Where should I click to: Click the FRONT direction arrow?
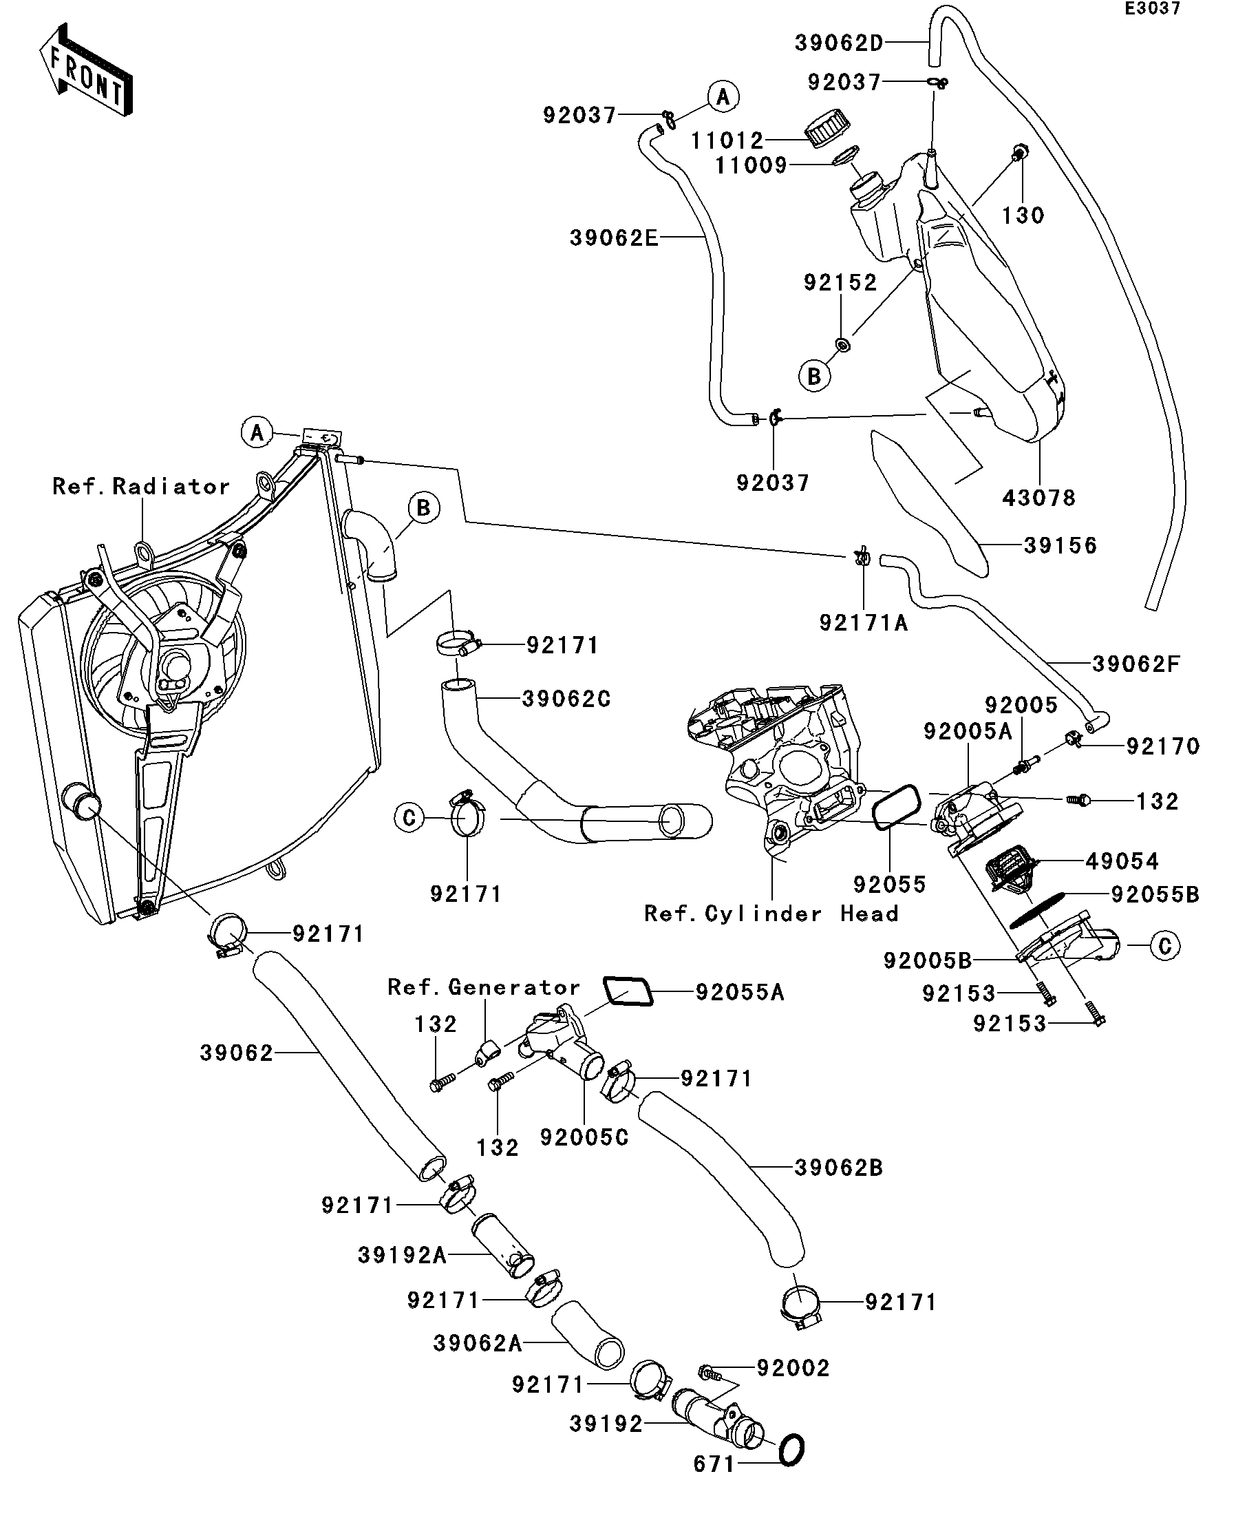(85, 71)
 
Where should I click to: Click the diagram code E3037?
(1152, 9)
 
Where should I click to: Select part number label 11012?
(726, 140)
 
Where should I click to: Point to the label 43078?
(1038, 498)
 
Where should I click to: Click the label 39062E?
(614, 238)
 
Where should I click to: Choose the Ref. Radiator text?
(141, 487)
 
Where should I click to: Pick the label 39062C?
(566, 699)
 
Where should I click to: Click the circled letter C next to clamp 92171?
(409, 819)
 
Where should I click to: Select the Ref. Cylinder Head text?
(771, 914)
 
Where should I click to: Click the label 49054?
(1122, 861)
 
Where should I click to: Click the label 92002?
(793, 1369)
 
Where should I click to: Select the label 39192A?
(402, 1256)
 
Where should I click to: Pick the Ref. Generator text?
(483, 987)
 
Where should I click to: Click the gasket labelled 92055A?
(627, 991)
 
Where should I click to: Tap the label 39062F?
(1136, 664)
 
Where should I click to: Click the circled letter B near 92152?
(814, 376)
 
